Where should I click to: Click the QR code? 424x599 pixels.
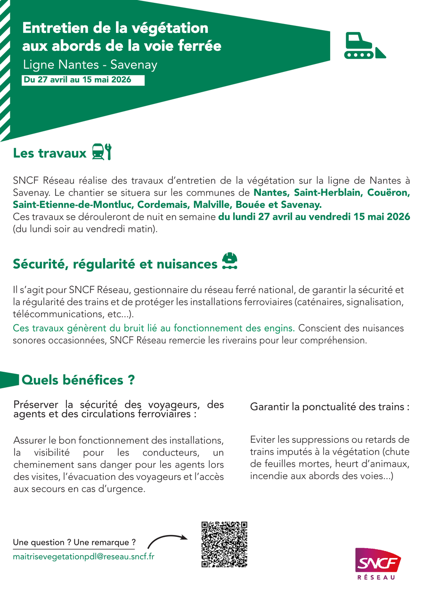coord(224,544)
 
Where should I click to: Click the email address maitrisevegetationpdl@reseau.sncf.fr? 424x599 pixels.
coord(84,556)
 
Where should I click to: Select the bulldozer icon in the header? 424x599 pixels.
coord(365,46)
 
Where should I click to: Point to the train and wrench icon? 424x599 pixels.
coord(101,152)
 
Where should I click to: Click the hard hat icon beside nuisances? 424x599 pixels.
coord(229,262)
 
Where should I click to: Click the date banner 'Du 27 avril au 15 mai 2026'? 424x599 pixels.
coord(78,80)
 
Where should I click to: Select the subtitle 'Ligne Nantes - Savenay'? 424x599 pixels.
coord(90,64)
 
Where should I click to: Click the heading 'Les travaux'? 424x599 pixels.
coord(50,153)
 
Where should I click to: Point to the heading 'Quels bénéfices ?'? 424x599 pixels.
coord(78,380)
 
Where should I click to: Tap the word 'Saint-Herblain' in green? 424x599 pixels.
coord(322,193)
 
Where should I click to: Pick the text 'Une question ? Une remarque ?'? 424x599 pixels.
coord(74,543)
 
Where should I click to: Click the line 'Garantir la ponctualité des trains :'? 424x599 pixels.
coord(330,407)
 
